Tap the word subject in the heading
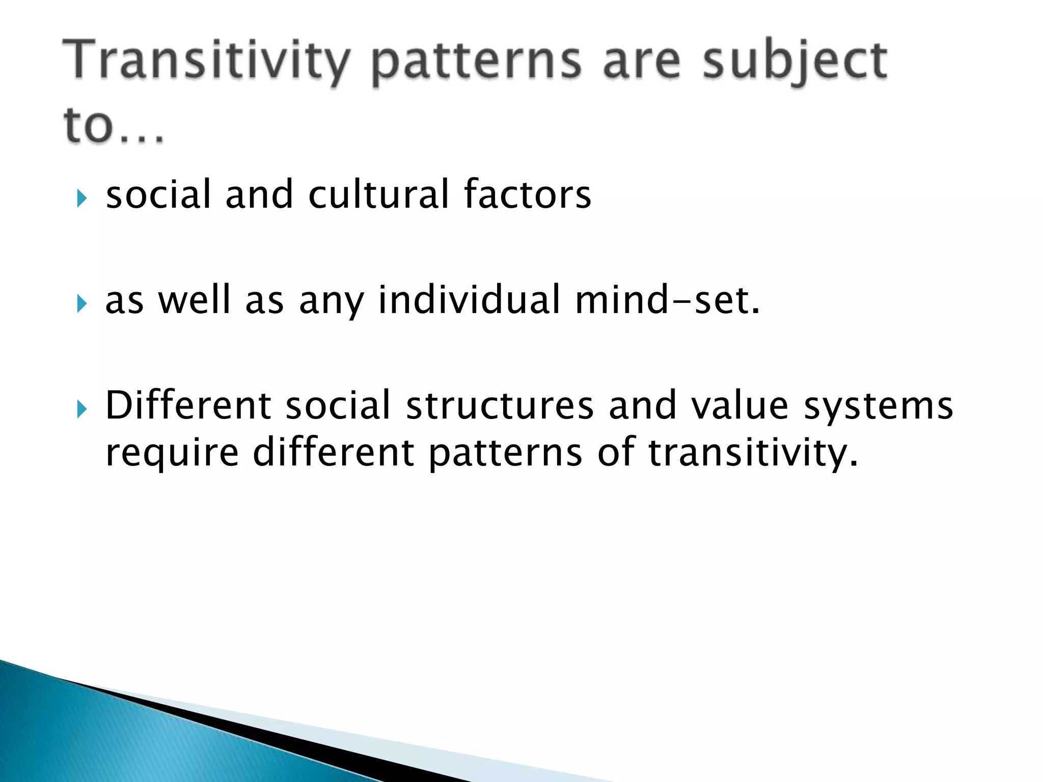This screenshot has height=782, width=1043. pyautogui.click(x=794, y=62)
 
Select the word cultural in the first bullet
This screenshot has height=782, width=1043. pyautogui.click(x=378, y=194)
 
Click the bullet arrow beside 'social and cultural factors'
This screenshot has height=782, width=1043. pyautogui.click(x=82, y=198)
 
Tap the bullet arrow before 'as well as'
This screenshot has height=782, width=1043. pyautogui.click(x=82, y=304)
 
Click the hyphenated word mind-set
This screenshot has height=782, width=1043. pyautogui.click(x=667, y=300)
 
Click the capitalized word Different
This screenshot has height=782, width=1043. pyautogui.click(x=188, y=406)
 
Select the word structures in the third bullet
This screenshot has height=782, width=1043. pyautogui.click(x=500, y=406)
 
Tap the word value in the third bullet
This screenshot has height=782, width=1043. pyautogui.click(x=740, y=406)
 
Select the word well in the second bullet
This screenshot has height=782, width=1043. pyautogui.click(x=195, y=300)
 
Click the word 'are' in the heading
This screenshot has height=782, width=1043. pyautogui.click(x=641, y=62)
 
